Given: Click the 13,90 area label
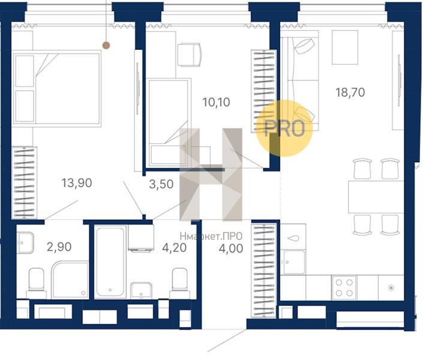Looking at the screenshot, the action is (77, 183).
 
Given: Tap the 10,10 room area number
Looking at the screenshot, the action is (216, 102).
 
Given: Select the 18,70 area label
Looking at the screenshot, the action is (350, 92).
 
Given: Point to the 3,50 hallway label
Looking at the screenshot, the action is (161, 184).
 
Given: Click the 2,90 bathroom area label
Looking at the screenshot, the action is (59, 247).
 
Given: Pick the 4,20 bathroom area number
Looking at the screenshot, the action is (174, 248).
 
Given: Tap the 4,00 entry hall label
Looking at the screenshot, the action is (231, 248).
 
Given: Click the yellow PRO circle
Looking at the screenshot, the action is (284, 128).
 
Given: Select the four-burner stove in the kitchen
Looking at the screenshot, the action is (344, 287).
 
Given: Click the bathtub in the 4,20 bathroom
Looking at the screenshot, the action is (110, 262).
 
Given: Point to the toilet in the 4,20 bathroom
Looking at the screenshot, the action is (180, 280).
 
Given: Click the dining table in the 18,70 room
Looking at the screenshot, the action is (376, 197).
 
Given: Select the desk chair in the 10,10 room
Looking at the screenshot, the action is (190, 55).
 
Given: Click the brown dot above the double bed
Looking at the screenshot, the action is (107, 46).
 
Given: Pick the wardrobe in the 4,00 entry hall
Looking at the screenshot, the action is (264, 270).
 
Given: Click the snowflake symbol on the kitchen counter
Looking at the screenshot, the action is (391, 288).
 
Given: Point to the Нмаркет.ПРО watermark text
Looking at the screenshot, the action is (211, 236).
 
